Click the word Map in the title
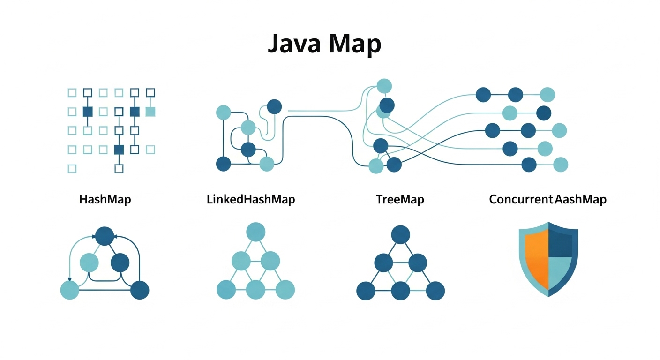point(355,45)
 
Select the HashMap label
point(105,199)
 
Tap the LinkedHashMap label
point(251,199)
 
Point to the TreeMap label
point(400,199)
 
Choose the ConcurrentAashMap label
point(547,199)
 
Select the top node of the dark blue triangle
point(401,234)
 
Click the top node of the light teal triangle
point(255,232)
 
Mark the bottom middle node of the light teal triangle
point(255,290)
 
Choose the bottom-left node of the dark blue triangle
point(366,291)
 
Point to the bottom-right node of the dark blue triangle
point(435,291)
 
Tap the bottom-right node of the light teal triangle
point(285,290)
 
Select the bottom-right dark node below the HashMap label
point(139,290)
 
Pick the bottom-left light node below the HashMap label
point(70,290)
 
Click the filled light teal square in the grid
point(150,112)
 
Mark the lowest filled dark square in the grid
point(119,150)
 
